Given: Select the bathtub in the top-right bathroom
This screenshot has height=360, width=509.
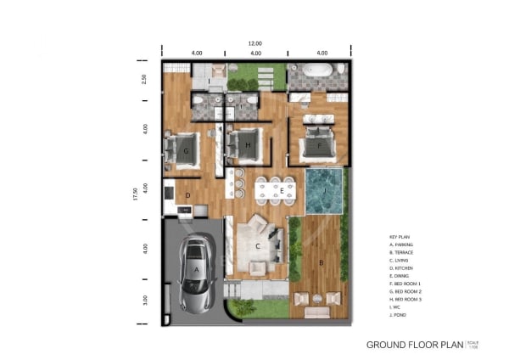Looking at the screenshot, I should coord(317,70).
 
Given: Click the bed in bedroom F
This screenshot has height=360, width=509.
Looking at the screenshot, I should coord(317,141).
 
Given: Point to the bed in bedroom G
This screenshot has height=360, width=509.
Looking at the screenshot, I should coord(189,150).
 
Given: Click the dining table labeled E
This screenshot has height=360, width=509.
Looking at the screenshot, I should coord(275,192).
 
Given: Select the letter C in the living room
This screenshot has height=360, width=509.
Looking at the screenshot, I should coord(257,247).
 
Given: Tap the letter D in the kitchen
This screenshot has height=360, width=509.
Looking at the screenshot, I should coord(187,194).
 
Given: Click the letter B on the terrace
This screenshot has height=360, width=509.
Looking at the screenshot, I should coord(321,263).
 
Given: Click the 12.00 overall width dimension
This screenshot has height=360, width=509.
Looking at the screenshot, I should coord(255,43).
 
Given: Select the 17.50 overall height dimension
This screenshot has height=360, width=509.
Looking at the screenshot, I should coord(134,194).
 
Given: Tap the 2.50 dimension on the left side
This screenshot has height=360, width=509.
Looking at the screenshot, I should coord(144,79).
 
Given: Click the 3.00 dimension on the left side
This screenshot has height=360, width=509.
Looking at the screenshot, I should coord(144,301).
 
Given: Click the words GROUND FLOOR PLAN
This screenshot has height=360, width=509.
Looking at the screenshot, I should coord(415,345).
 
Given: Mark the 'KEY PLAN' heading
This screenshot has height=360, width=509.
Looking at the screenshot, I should coord(400,236).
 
